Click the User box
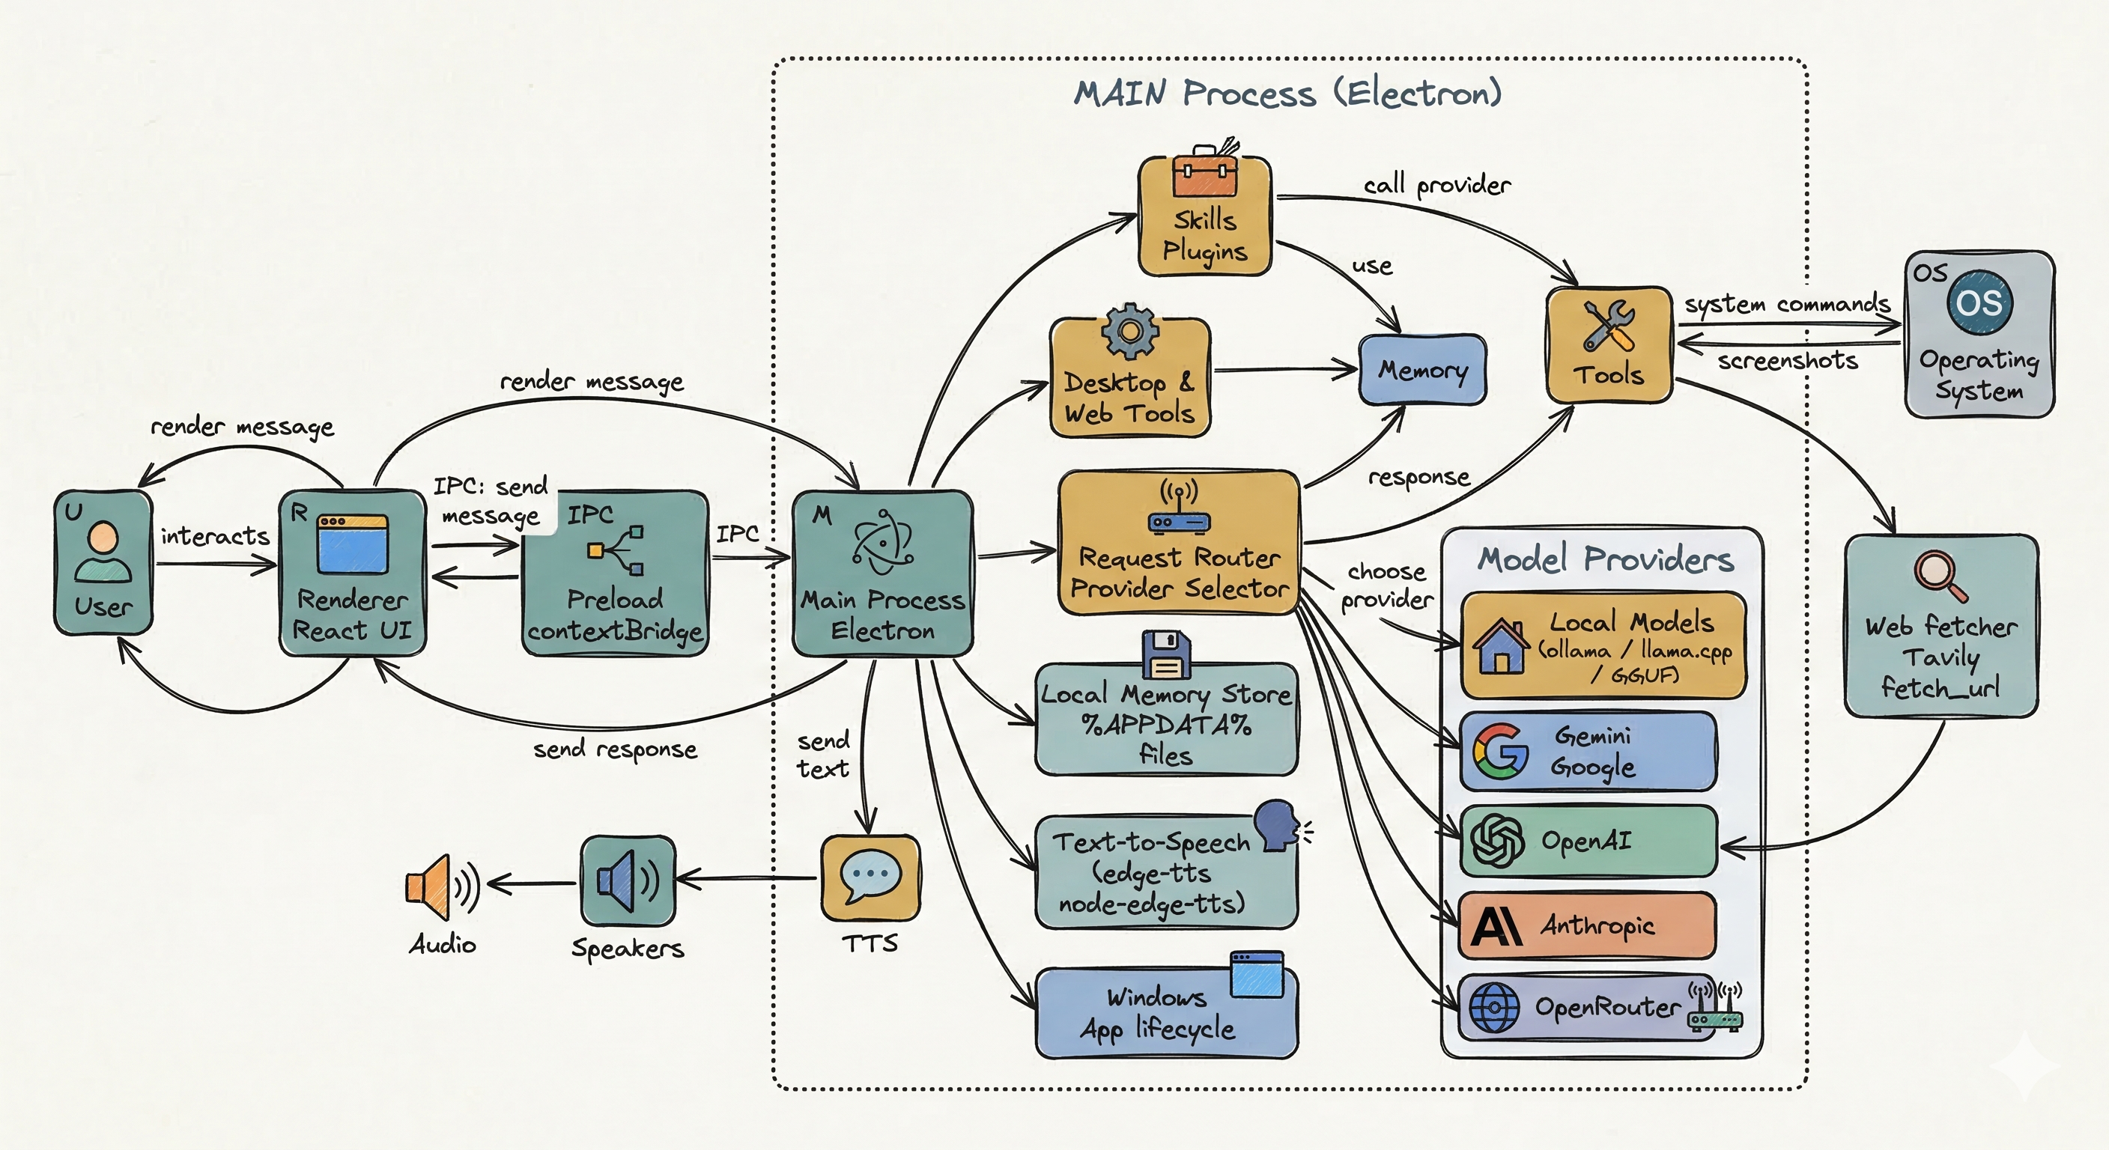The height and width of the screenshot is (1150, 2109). click(103, 562)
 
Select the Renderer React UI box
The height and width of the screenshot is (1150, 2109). click(352, 573)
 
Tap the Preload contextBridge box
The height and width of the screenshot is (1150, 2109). click(615, 573)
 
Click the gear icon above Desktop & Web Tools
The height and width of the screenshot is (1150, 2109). click(1130, 331)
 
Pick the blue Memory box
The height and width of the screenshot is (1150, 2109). click(1422, 370)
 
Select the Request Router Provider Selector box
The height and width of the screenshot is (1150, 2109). click(1179, 543)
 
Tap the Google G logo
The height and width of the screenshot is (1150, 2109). click(1501, 750)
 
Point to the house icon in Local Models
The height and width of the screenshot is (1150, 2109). click(1501, 647)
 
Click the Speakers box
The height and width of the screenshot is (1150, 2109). click(628, 881)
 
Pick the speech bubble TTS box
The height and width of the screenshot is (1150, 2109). click(870, 877)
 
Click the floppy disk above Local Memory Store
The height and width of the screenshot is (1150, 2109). click(1167, 655)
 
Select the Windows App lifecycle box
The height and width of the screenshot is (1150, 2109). click(1166, 1013)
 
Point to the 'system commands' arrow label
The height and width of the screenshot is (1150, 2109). click(1786, 304)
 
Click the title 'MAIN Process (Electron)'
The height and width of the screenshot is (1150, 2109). click(1288, 93)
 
